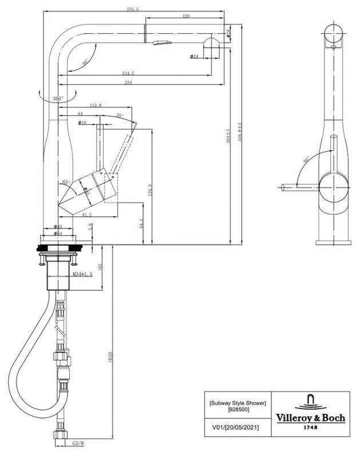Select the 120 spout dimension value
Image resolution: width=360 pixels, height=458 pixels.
[186, 16]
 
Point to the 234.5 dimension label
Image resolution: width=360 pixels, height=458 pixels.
[128, 73]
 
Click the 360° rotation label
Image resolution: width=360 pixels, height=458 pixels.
[58, 98]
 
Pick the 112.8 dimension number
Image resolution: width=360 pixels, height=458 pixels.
[96, 105]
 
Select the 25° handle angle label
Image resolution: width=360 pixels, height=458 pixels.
[119, 116]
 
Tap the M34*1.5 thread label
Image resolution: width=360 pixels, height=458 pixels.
[83, 275]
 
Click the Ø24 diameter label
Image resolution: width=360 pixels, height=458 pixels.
[194, 56]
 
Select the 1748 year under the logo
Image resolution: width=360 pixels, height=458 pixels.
[311, 427]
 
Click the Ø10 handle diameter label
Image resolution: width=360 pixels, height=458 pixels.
[82, 123]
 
